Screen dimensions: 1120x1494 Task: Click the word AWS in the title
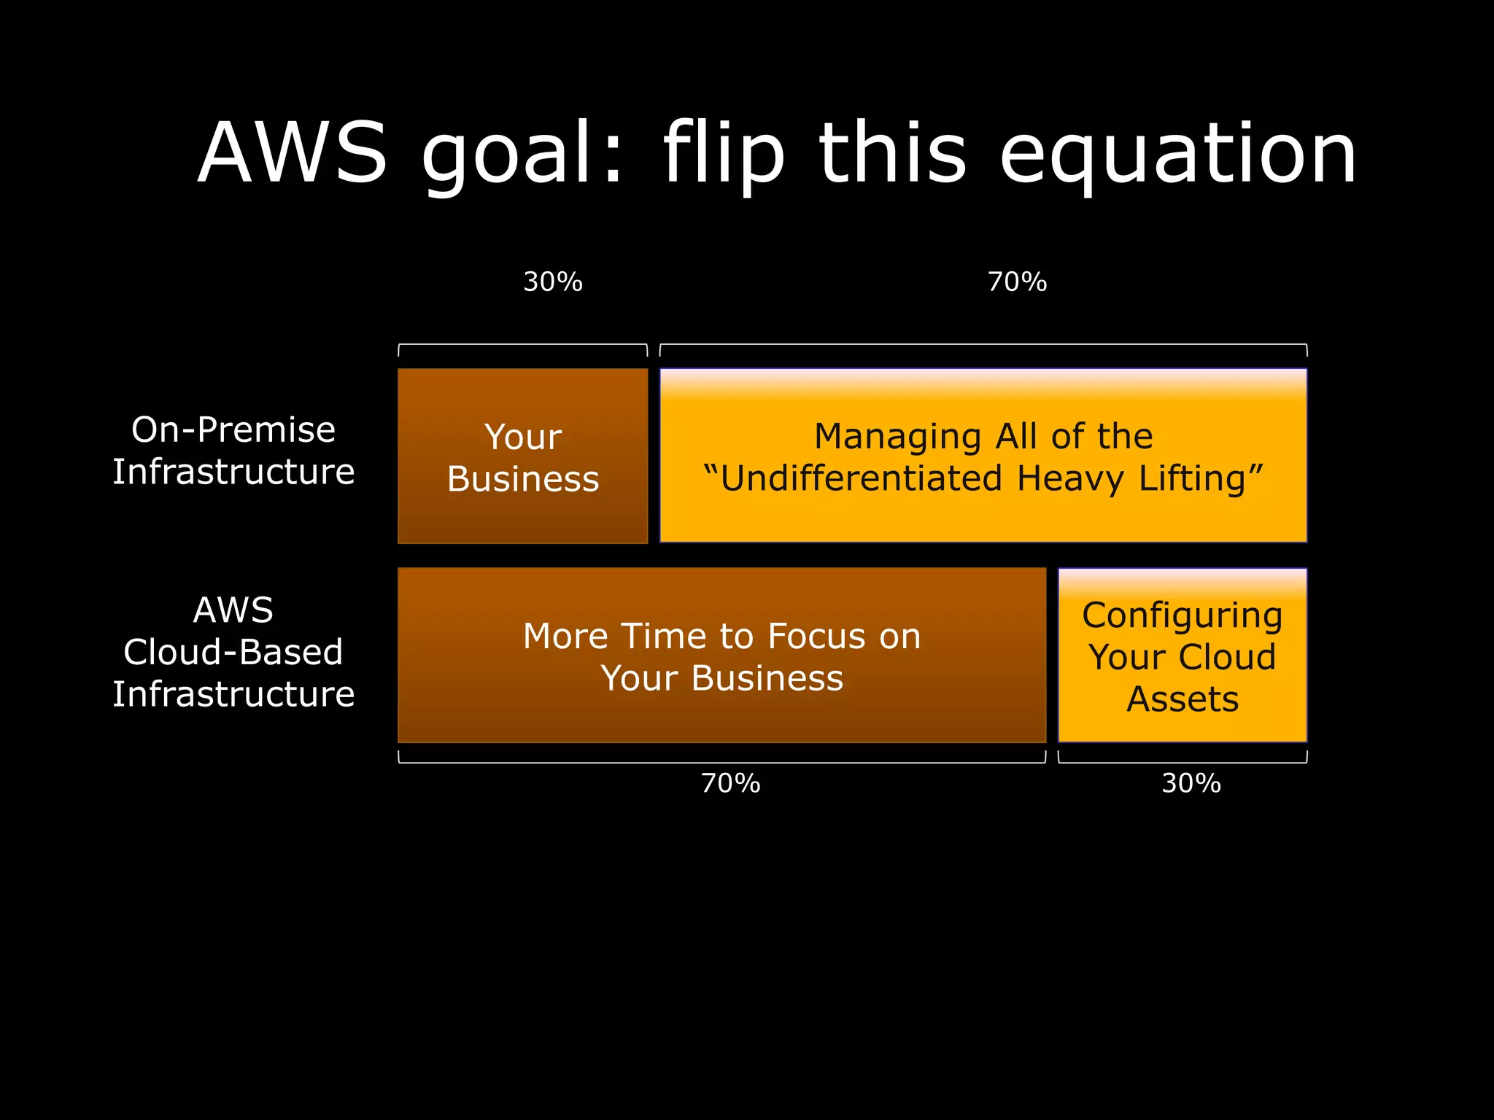pyautogui.click(x=292, y=153)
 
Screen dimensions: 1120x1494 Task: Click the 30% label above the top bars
pyautogui.click(x=553, y=282)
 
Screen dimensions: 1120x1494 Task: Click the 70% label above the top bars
pyautogui.click(x=1017, y=282)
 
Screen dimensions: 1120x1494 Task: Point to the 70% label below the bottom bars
pyautogui.click(x=730, y=784)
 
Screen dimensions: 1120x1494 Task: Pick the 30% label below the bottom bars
pyautogui.click(x=1191, y=784)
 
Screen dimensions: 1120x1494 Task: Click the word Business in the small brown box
pyautogui.click(x=523, y=479)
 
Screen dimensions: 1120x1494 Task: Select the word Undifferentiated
pyautogui.click(x=861, y=479)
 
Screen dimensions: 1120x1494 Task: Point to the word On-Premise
pyautogui.click(x=233, y=429)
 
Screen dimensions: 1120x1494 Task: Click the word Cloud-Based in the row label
pyautogui.click(x=233, y=652)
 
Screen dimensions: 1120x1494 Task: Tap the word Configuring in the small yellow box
pyautogui.click(x=1182, y=616)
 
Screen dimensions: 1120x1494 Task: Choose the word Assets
pyautogui.click(x=1183, y=699)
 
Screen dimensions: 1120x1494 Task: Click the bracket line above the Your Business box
pyautogui.click(x=522, y=344)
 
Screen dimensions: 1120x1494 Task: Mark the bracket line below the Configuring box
pyautogui.click(x=1182, y=763)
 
